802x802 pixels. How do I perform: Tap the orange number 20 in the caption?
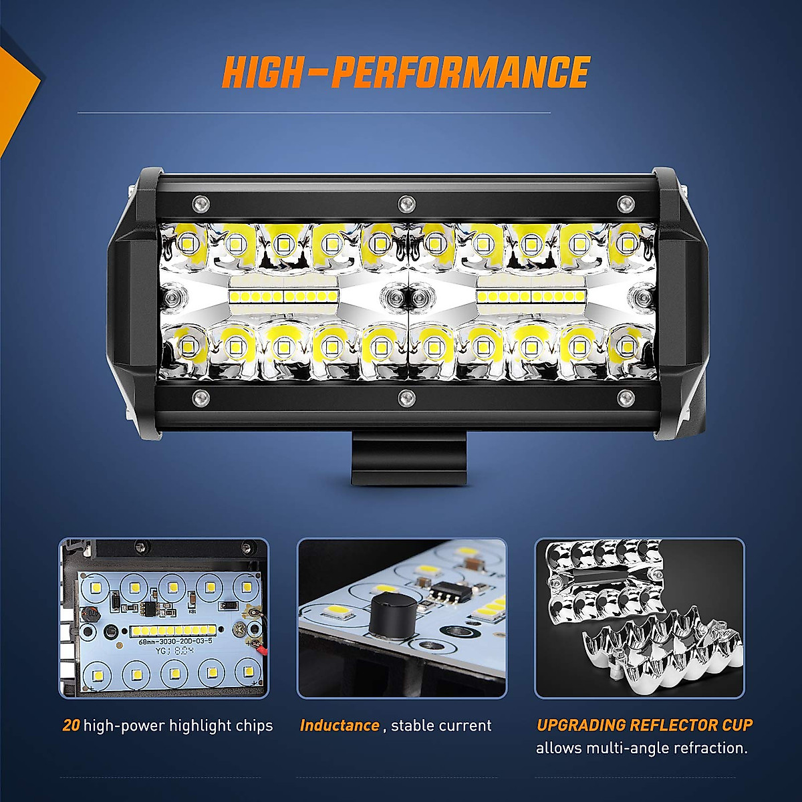pyautogui.click(x=72, y=726)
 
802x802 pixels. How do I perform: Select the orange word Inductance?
pyautogui.click(x=340, y=726)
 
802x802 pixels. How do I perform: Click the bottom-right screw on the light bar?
pyautogui.click(x=625, y=398)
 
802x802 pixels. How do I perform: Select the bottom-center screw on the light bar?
pyautogui.click(x=404, y=398)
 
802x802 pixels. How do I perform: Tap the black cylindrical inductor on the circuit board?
pyautogui.click(x=388, y=612)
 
